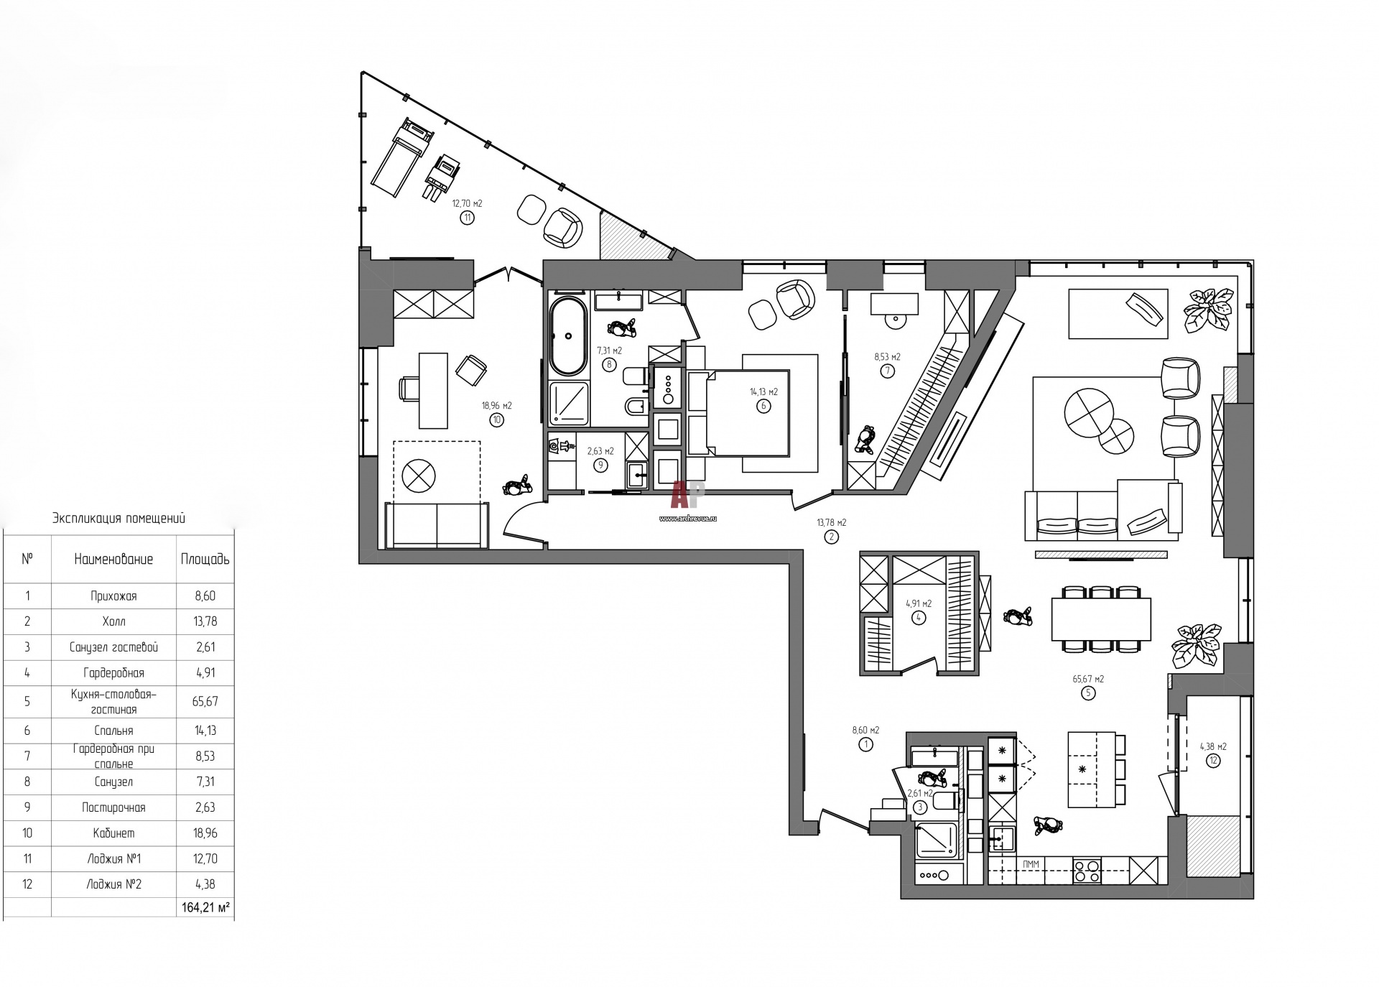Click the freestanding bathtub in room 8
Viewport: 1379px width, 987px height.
point(569,336)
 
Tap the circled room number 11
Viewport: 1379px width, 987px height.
point(468,218)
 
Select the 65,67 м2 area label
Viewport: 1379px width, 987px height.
point(1088,679)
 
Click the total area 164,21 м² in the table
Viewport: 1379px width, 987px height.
point(205,908)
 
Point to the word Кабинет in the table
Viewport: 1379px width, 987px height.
point(113,833)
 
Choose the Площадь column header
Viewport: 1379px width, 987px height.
point(205,559)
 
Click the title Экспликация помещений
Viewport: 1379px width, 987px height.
point(119,519)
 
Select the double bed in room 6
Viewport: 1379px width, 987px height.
point(738,413)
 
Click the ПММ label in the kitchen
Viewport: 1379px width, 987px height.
point(1031,864)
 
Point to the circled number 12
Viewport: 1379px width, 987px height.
point(1213,761)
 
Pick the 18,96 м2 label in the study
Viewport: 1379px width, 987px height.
point(497,405)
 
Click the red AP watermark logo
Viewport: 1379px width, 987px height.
point(688,495)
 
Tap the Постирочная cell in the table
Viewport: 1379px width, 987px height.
point(113,807)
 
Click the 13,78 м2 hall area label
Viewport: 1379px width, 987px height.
point(831,523)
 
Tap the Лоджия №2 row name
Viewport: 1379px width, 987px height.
point(113,884)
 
